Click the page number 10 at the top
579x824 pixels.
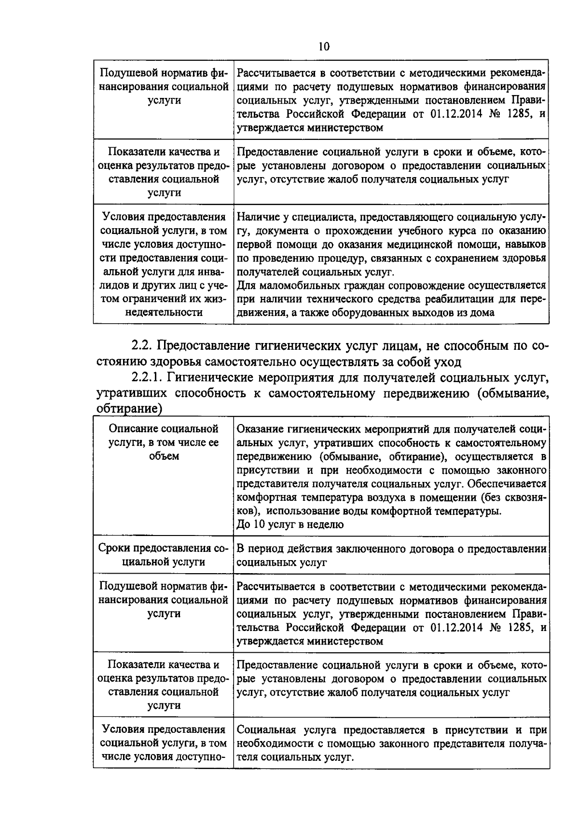(324, 46)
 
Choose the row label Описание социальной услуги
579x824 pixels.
(164, 442)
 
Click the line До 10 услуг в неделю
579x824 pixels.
(290, 525)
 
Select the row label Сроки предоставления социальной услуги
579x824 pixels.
(164, 555)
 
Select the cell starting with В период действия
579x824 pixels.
(391, 555)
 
